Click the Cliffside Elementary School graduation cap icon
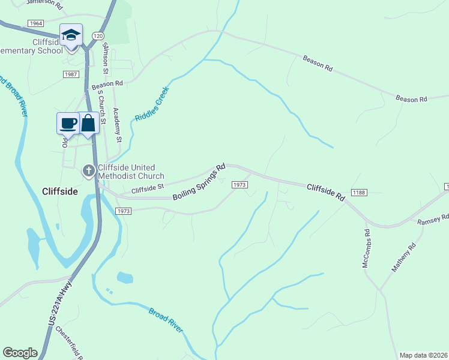click(71, 35)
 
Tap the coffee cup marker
click(68, 123)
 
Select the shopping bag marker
click(88, 123)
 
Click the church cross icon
click(88, 172)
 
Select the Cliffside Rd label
click(326, 192)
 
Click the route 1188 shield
click(359, 192)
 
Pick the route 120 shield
click(98, 36)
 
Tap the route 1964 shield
click(35, 23)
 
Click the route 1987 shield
click(71, 74)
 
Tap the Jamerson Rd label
click(43, 2)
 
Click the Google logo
click(20, 353)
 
